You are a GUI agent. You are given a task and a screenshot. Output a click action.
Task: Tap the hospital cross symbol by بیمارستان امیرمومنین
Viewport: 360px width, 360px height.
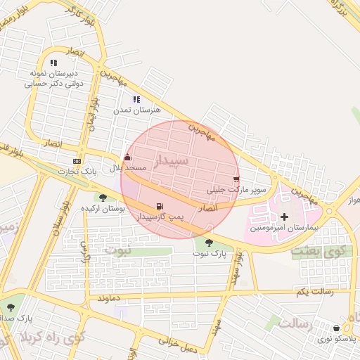[284, 217]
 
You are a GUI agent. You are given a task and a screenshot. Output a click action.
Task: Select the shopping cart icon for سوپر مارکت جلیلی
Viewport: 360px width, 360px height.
[236, 179]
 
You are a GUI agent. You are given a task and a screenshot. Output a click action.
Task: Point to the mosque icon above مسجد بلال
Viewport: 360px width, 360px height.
[127, 158]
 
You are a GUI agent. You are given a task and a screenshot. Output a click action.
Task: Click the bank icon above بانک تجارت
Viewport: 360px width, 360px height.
[77, 161]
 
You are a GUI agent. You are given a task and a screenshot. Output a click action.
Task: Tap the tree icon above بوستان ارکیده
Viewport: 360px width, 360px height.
[103, 198]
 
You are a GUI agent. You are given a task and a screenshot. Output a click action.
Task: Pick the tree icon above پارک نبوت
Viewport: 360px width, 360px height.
[209, 243]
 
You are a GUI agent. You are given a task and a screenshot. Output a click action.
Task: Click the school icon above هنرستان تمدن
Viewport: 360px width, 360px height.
[136, 100]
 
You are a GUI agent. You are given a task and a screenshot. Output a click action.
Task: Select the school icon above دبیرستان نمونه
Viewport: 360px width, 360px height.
[54, 63]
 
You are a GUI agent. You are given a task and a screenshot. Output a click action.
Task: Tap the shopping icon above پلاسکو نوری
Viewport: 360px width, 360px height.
[337, 328]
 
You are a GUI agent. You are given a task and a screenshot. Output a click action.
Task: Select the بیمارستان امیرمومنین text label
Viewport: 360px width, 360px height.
[285, 229]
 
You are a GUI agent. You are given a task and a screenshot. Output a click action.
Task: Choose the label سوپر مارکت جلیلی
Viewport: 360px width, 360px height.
[237, 190]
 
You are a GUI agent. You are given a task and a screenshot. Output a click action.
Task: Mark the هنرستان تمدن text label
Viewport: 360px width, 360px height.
[138, 110]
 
